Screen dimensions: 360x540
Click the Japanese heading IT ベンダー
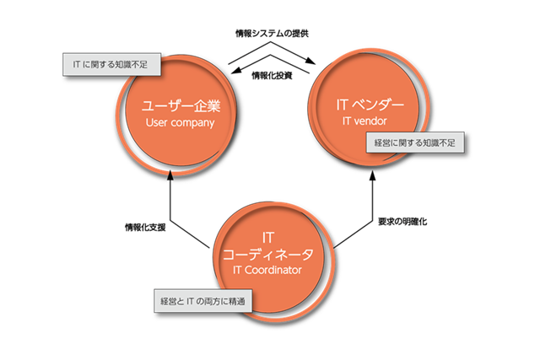click(370, 106)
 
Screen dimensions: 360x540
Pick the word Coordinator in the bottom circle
click(278, 270)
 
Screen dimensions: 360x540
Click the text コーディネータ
click(267, 253)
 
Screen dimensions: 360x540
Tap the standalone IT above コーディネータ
click(267, 237)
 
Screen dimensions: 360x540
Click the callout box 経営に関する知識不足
click(413, 142)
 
